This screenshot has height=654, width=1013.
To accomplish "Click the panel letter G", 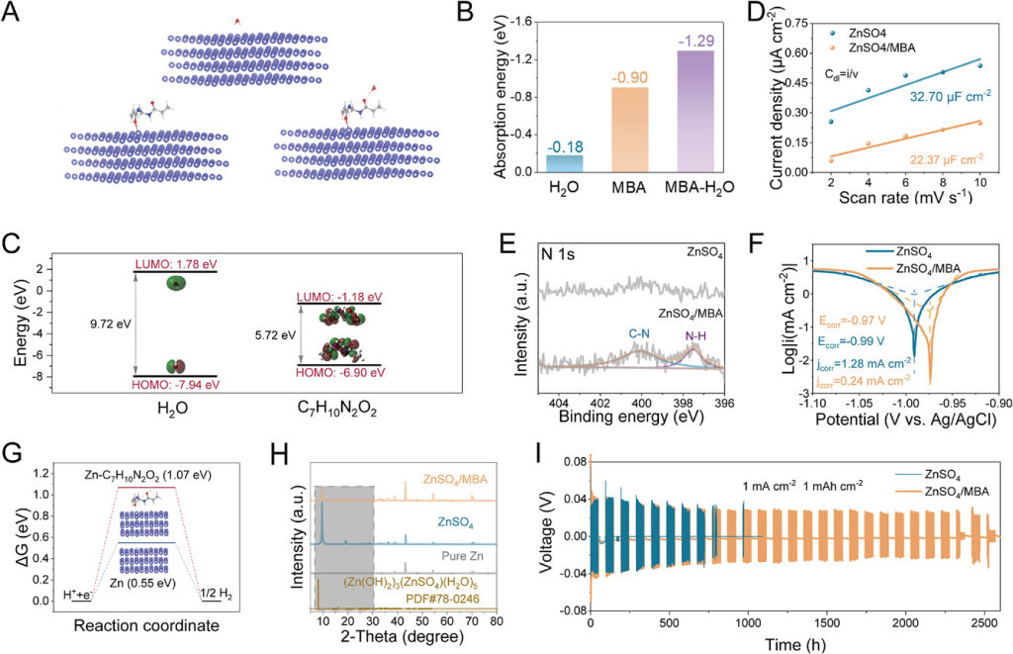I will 14,453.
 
